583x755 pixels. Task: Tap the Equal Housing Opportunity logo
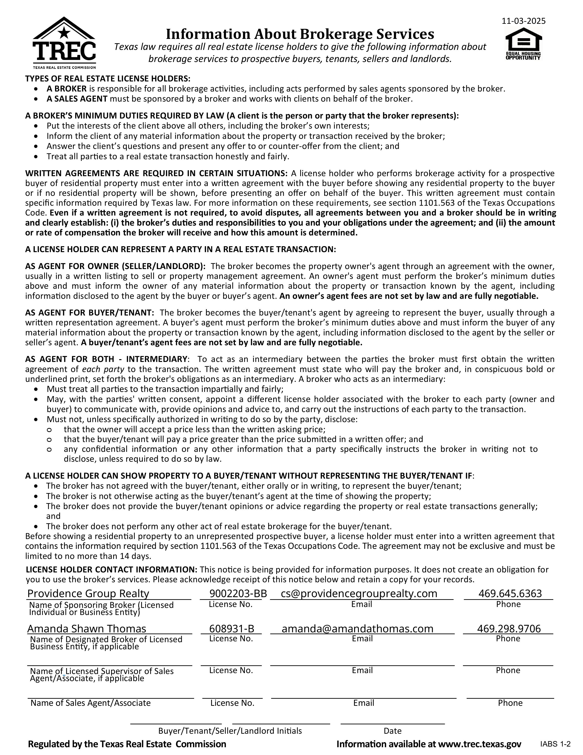(523, 44)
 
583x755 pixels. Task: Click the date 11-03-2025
(524, 21)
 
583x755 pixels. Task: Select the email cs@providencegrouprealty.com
(359, 593)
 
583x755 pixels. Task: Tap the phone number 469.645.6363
(510, 593)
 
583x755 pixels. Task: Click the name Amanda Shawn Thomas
(87, 628)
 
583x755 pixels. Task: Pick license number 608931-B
(232, 628)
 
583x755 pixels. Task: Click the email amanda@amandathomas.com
(358, 628)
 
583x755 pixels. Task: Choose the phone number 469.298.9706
(509, 628)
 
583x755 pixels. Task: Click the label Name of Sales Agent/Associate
(91, 703)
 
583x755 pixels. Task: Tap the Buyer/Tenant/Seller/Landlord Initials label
(230, 731)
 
